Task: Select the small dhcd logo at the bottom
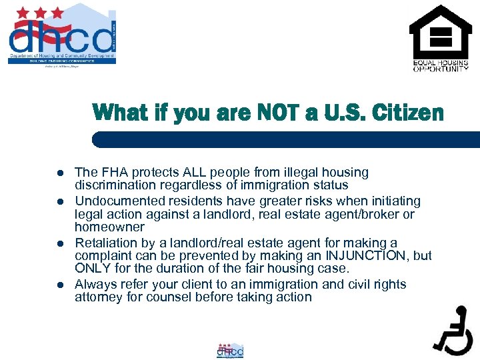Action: (231, 351)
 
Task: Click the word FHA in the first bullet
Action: (113, 173)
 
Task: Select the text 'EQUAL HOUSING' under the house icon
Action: (440, 63)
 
